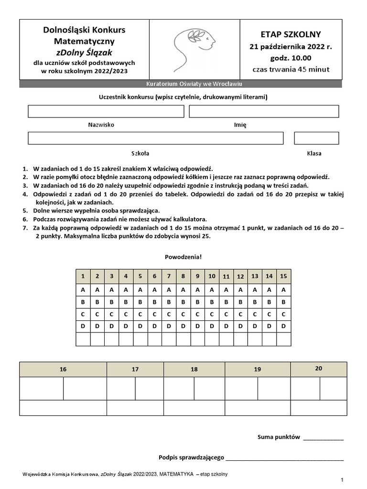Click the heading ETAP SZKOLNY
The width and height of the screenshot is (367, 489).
pos(291,34)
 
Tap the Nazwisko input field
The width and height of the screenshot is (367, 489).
pos(106,111)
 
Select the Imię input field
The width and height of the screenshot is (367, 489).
pos(264,111)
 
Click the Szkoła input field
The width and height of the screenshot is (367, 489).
pos(155,138)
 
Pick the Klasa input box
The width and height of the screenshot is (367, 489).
pos(316,138)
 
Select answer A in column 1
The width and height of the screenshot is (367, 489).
pos(83,290)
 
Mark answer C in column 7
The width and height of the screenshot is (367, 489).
pos(169,314)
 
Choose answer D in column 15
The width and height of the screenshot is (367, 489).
pos(283,326)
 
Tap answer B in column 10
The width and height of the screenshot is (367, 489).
pos(212,302)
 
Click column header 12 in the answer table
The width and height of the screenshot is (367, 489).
pos(240,276)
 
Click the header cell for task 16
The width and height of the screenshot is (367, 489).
pos(63,369)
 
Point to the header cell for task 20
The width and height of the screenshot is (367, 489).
pos(319,369)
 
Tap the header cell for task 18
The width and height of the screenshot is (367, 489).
pos(194,369)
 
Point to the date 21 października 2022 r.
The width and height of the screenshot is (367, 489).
pos(291,47)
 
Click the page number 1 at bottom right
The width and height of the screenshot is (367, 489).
pos(342,479)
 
